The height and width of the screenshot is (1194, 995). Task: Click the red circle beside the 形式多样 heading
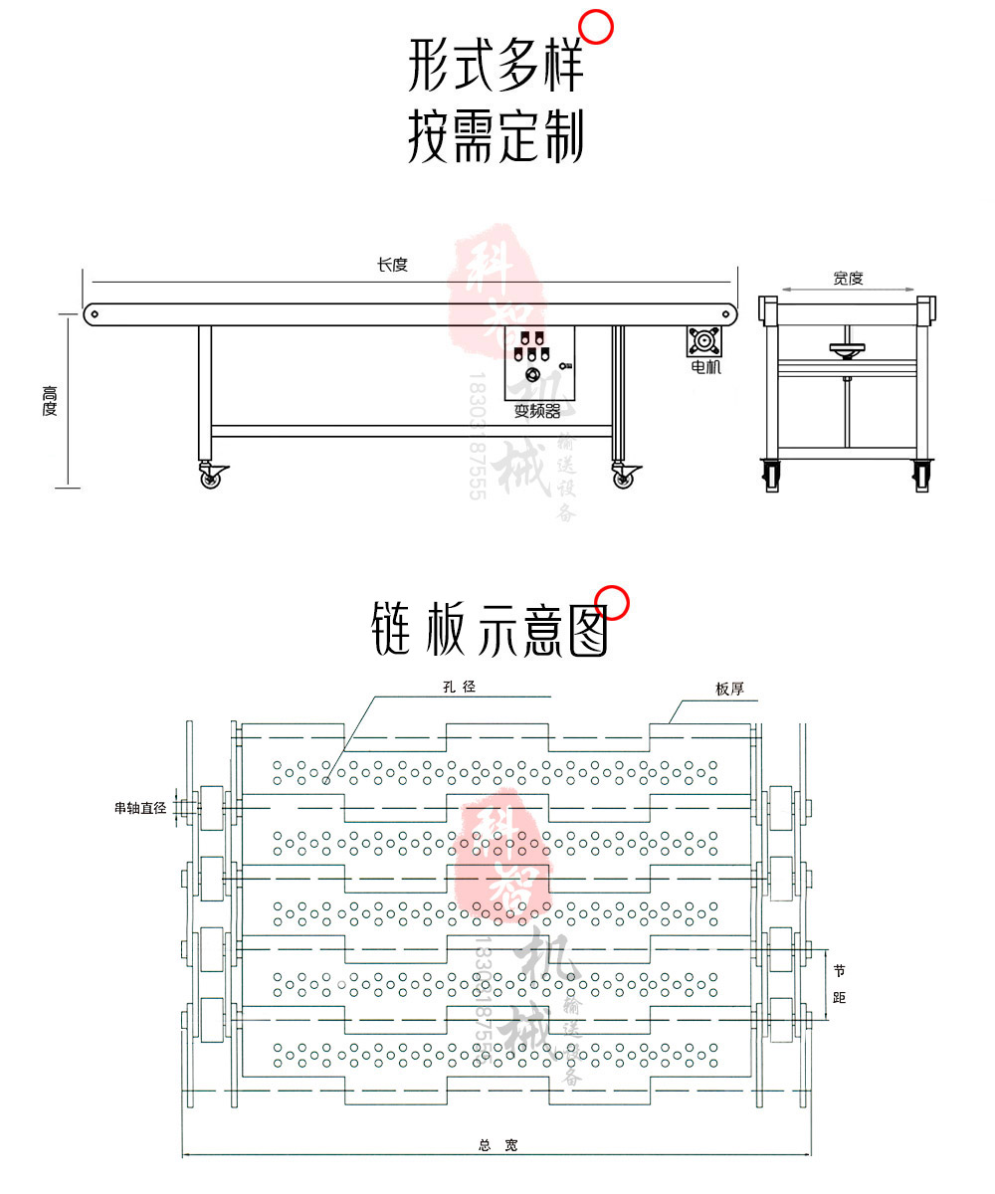[596, 27]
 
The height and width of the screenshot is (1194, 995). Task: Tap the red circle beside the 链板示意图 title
[613, 603]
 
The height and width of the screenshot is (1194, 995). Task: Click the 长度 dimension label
[392, 265]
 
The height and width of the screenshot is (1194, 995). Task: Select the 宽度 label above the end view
[848, 279]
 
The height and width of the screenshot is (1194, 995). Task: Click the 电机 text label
[705, 367]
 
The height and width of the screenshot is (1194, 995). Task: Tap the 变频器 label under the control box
[537, 411]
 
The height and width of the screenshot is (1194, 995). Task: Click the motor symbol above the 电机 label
[704, 341]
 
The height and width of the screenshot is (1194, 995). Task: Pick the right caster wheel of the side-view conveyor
[623, 478]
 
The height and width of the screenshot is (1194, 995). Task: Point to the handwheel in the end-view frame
[846, 348]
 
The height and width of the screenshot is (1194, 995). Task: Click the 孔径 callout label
[460, 687]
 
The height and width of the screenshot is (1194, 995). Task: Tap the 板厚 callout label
[730, 689]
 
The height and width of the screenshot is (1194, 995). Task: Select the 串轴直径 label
[139, 809]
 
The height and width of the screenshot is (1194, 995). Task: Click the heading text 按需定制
[496, 137]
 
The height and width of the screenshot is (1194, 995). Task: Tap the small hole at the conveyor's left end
[95, 314]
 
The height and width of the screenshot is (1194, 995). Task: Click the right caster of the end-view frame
[921, 475]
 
